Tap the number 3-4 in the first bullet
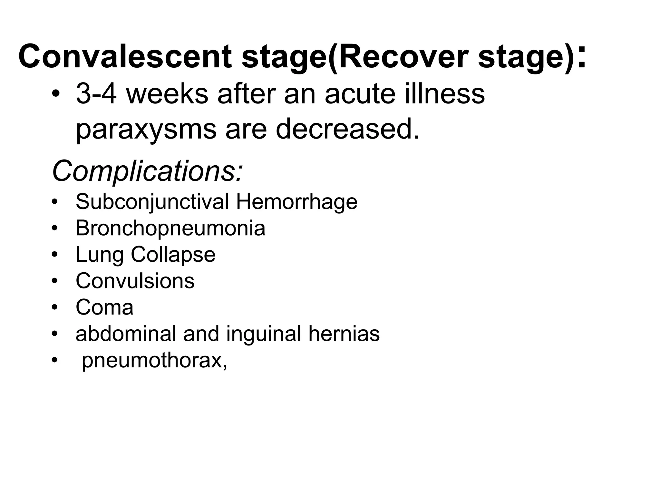pos(96,94)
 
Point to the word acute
pos(360,94)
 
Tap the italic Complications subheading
pos(147,171)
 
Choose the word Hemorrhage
pos(296,202)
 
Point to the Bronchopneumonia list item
pos(170,228)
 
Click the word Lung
pos(100,255)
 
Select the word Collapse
pos(173,255)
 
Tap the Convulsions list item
pos(135,281)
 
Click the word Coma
pos(104,307)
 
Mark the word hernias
pos(344,334)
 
